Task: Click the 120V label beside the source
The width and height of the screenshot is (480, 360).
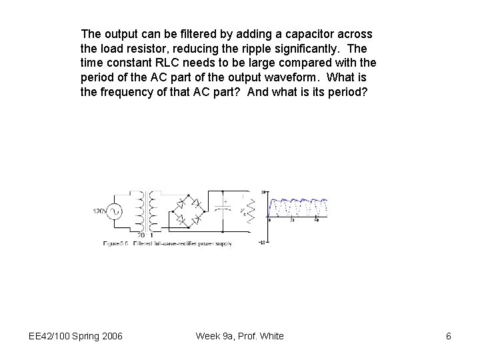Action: pyautogui.click(x=100, y=211)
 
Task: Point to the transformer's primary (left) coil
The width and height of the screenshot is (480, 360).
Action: pyautogui.click(x=140, y=212)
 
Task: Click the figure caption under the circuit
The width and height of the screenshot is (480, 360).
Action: pyautogui.click(x=167, y=244)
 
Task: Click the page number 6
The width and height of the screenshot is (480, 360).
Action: pyautogui.click(x=449, y=336)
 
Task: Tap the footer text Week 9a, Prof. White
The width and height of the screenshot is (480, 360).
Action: pyautogui.click(x=239, y=336)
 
